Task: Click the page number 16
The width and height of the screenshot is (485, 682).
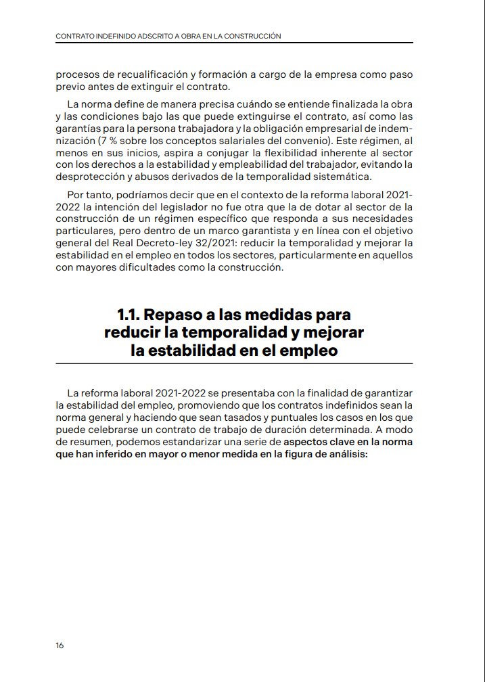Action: (x=60, y=645)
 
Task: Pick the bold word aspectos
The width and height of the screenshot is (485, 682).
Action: (x=308, y=442)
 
